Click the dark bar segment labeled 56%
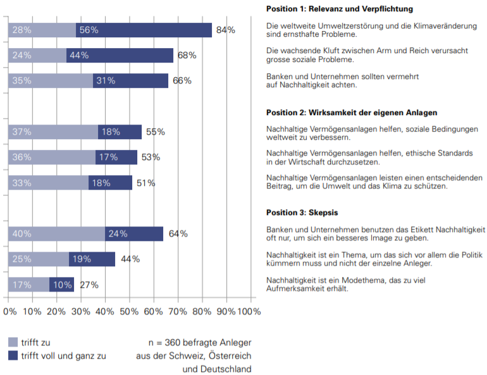pos(144,30)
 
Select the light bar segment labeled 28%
pos(42,30)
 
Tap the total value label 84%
pos(226,30)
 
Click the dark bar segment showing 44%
pos(120,55)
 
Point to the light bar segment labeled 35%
pos(51,80)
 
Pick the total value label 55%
pos(156,132)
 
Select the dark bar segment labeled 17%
pos(116,157)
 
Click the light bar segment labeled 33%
pos(48,183)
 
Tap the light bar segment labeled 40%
pos(56,233)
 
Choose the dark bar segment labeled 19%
pos(92,259)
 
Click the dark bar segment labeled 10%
pos(61,285)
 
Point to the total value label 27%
pos(89,285)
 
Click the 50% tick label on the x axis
pos(128,311)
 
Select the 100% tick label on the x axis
pos(249,311)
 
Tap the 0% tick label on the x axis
pos(10,311)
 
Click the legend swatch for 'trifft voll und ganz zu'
pos(13,355)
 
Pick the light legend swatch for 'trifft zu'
pos(13,342)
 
